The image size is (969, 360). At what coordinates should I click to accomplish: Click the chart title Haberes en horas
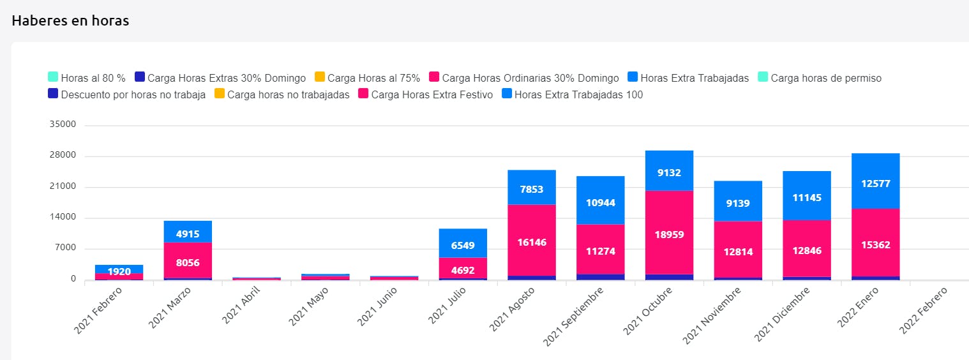click(x=70, y=21)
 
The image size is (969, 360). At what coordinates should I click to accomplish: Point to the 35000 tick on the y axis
click(x=63, y=125)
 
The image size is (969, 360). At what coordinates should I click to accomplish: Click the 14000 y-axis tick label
click(x=63, y=218)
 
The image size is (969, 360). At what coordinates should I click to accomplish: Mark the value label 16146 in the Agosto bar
click(x=532, y=243)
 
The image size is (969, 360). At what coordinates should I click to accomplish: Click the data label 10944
click(x=600, y=202)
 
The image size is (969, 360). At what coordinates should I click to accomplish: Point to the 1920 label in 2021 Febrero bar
click(x=119, y=272)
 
